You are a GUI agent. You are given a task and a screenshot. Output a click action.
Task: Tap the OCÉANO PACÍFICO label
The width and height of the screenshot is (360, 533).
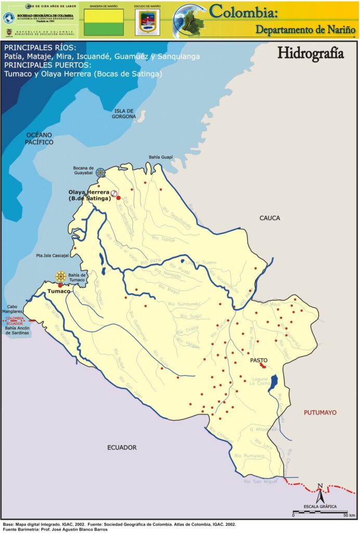pos(40,138)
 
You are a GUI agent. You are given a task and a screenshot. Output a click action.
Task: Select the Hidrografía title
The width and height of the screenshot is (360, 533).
pos(311,53)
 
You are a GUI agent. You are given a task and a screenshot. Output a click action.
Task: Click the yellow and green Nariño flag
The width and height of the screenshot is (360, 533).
pos(104,22)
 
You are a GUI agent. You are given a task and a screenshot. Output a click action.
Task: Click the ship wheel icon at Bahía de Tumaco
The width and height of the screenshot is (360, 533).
pos(61,276)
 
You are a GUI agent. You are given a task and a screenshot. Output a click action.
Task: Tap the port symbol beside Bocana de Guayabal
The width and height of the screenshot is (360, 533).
pos(100,172)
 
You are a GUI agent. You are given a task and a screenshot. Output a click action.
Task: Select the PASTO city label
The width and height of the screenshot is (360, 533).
pos(259,360)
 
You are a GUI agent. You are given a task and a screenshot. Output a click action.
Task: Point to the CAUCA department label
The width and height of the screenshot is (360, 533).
pos(269,218)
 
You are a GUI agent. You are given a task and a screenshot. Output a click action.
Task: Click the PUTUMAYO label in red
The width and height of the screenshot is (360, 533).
pos(320,412)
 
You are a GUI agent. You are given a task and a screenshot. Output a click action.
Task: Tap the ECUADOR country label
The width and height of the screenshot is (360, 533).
pos(122,448)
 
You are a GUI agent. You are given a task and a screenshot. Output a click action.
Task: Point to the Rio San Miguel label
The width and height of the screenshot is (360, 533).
pos(258,481)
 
